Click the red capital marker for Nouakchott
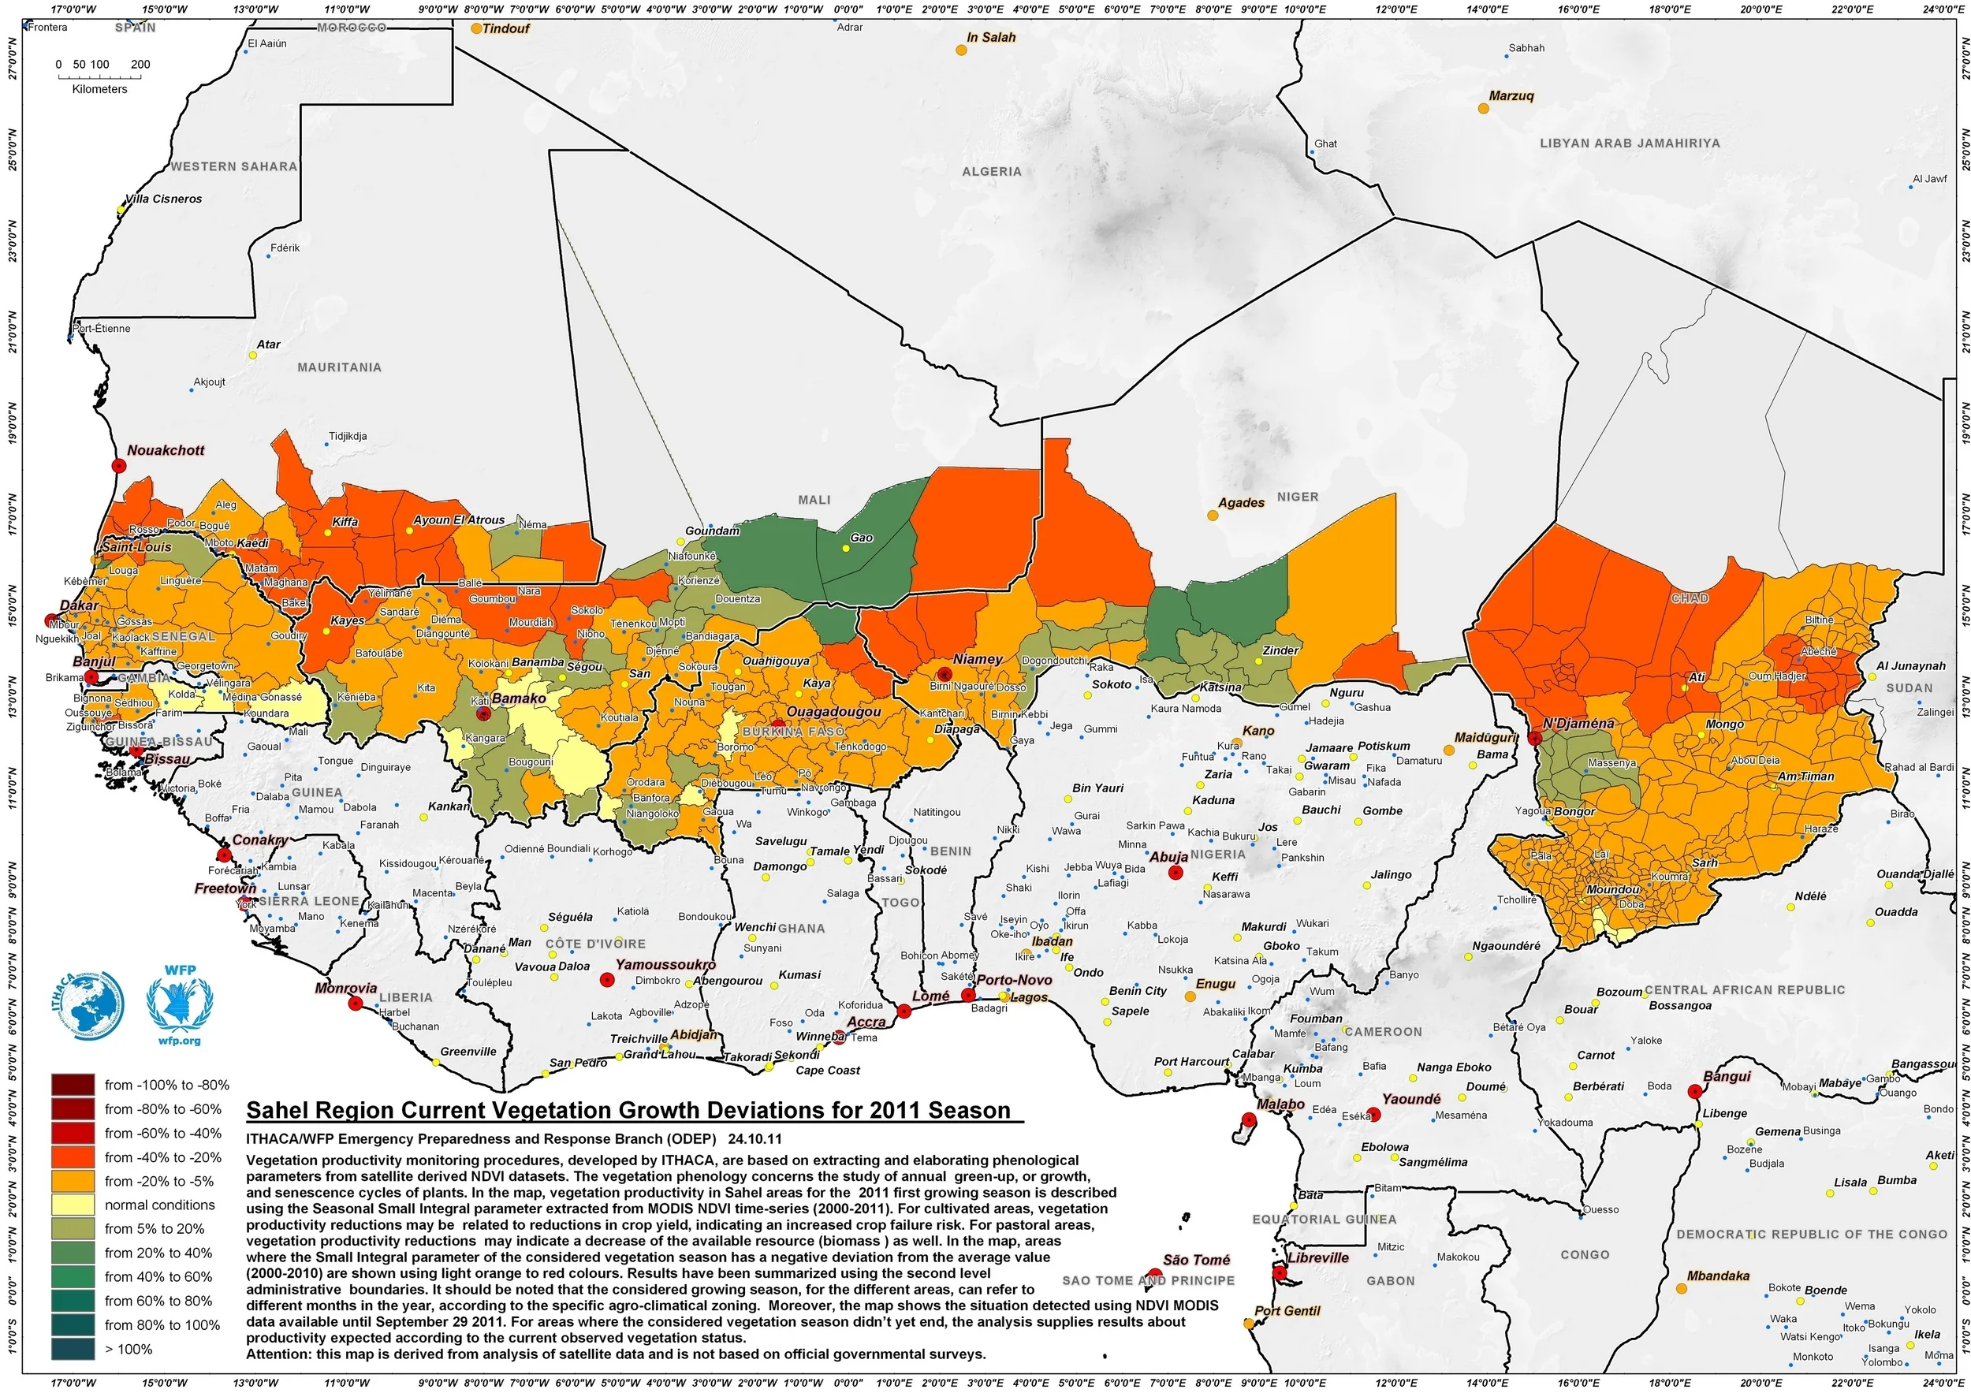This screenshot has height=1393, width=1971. point(118,465)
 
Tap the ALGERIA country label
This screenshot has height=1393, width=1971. point(992,172)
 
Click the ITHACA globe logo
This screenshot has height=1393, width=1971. point(88,1004)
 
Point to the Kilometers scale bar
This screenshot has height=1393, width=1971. point(99,77)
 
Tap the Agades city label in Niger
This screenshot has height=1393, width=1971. point(1240,502)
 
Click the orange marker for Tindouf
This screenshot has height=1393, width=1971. point(476,28)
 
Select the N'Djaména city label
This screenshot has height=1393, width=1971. point(1578,723)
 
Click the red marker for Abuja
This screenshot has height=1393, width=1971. point(1176,872)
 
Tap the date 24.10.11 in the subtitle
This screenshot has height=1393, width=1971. point(754,1139)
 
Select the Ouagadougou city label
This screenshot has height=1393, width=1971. point(833,712)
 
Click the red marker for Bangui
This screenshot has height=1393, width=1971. point(1693,1092)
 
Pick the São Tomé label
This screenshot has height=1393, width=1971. point(1196,1259)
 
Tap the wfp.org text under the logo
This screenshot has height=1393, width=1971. point(180,1041)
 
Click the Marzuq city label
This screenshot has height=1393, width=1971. point(1511,95)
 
